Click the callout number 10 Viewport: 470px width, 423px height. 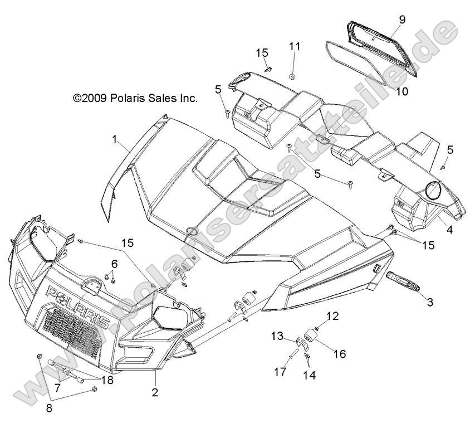coord(402,90)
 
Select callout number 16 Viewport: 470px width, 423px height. coord(340,353)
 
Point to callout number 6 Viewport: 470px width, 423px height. coord(114,262)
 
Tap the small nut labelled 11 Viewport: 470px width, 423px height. coord(292,74)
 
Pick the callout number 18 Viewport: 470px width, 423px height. coord(107,380)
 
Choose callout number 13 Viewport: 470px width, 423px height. coord(277,336)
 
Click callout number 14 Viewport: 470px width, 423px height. coord(309,375)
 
